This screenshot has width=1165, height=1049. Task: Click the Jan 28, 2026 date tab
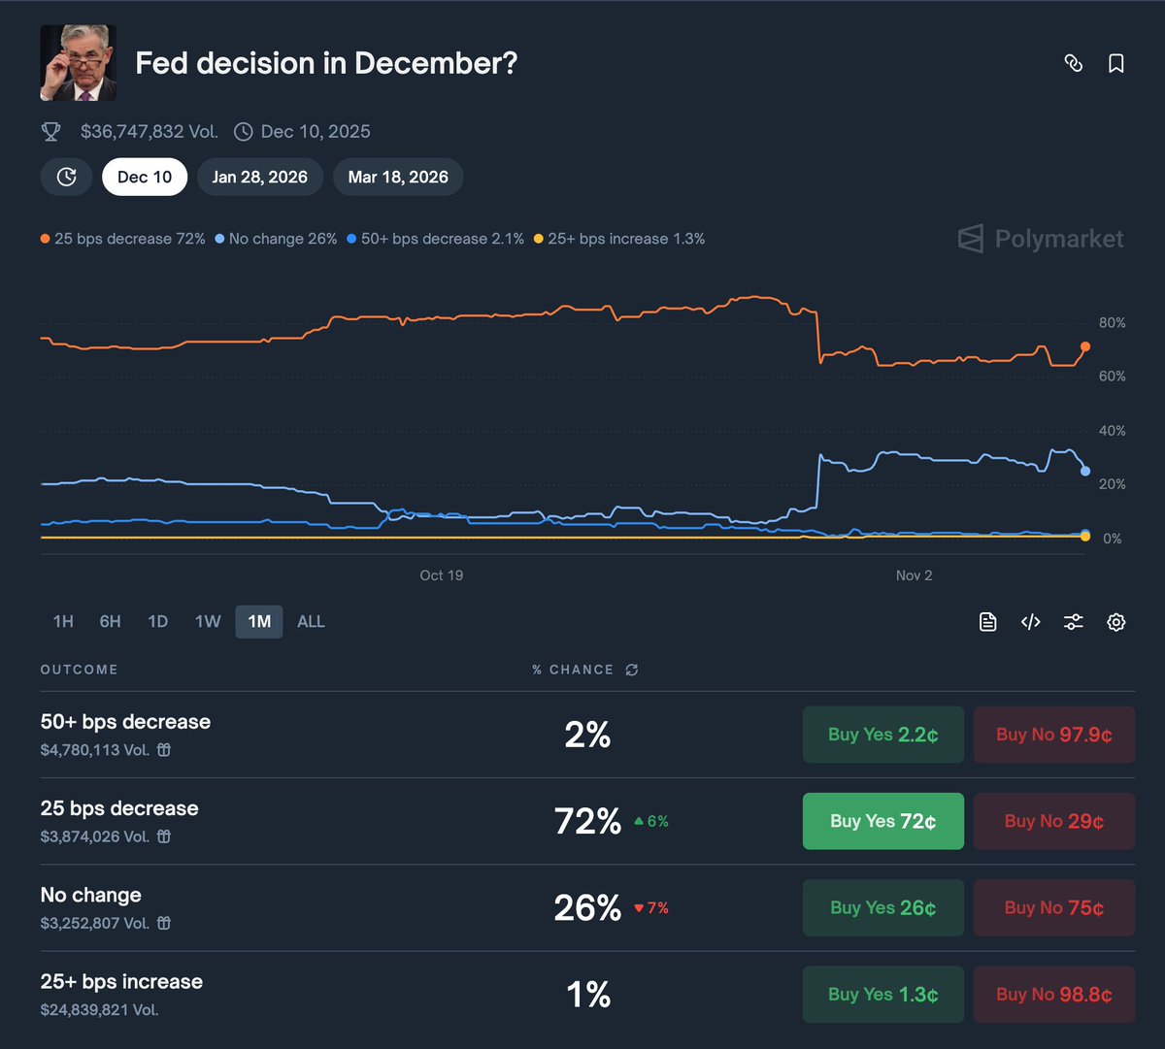(259, 177)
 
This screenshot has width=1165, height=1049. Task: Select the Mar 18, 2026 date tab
(398, 177)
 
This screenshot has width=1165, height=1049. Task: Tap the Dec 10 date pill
(145, 177)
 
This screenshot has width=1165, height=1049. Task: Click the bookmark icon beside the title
(1116, 63)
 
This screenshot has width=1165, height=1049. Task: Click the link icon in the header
(1073, 63)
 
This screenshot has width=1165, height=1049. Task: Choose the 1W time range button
(208, 621)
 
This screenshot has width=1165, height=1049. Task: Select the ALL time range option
(311, 621)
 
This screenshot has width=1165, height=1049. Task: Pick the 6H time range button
(111, 621)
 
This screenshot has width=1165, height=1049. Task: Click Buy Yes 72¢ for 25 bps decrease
(882, 821)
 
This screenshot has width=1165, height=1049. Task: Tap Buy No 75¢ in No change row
(1053, 907)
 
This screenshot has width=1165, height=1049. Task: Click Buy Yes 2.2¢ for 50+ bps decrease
(882, 735)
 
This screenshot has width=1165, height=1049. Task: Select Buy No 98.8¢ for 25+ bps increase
(1053, 994)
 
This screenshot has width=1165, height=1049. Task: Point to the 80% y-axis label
(1113, 323)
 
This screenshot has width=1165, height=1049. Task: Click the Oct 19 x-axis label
(442, 575)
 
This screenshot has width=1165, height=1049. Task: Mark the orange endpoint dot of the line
(1085, 346)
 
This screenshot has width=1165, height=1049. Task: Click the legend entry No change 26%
(277, 239)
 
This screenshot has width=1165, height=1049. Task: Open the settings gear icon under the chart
(1116, 622)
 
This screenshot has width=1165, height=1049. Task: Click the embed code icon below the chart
(1031, 622)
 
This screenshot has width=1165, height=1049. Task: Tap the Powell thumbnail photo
(78, 63)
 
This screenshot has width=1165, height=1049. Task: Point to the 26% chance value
(587, 908)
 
